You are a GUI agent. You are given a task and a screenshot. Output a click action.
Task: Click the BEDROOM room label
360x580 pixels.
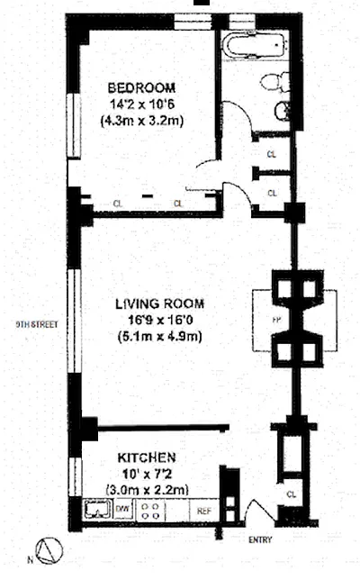click(x=141, y=88)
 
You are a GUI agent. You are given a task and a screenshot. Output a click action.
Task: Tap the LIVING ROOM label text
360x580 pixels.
click(x=159, y=304)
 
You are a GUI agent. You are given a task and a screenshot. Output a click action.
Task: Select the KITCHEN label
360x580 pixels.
click(x=147, y=458)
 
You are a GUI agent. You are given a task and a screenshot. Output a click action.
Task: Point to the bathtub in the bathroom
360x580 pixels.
click(x=255, y=46)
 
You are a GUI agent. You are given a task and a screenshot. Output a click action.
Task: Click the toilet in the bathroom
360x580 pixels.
click(x=275, y=82)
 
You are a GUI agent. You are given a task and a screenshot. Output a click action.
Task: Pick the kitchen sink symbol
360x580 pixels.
click(x=97, y=510)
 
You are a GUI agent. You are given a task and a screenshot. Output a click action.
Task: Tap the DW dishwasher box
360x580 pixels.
click(x=123, y=509)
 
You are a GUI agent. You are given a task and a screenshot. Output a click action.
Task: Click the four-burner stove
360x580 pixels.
click(x=151, y=511)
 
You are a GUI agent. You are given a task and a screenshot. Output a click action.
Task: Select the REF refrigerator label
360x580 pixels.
click(x=204, y=511)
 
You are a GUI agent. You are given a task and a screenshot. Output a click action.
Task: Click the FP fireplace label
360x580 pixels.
click(x=276, y=321)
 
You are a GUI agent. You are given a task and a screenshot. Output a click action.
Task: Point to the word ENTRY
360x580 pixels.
click(x=260, y=539)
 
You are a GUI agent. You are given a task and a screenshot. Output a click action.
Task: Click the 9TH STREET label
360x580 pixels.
click(x=37, y=324)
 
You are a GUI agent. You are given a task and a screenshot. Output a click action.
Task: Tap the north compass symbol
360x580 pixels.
click(x=49, y=551)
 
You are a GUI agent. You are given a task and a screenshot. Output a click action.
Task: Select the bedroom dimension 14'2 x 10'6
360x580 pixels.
click(x=142, y=104)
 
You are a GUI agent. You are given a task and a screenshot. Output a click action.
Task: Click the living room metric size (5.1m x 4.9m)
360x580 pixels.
click(x=159, y=337)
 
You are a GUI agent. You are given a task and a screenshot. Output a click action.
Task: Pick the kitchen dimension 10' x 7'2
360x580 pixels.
click(x=147, y=474)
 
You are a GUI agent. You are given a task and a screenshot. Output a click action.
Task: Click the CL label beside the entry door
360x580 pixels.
click(x=292, y=494)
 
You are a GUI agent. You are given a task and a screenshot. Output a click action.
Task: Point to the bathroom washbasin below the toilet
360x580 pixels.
click(x=282, y=111)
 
